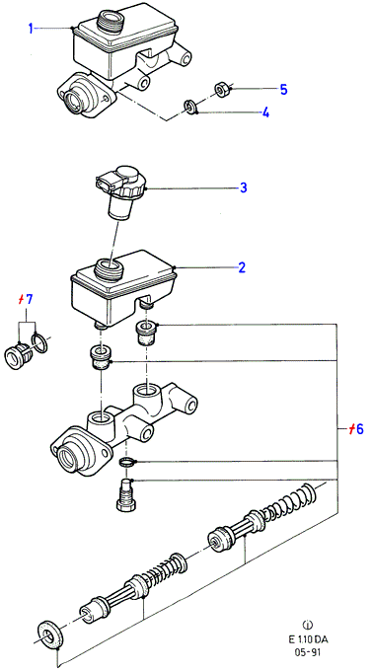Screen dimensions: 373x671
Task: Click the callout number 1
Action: (x=31, y=29)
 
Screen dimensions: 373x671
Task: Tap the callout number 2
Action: (x=242, y=267)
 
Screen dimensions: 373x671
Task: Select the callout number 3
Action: (x=244, y=187)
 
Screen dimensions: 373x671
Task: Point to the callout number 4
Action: (x=265, y=112)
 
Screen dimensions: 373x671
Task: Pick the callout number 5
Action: (x=283, y=90)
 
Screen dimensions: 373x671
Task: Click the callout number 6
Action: (x=359, y=429)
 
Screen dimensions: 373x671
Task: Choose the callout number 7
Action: (x=29, y=300)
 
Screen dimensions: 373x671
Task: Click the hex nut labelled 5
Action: (x=221, y=90)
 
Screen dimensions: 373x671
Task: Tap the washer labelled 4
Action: (x=189, y=107)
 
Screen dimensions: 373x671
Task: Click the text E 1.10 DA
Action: (x=308, y=640)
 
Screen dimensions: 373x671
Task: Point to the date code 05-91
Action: (x=308, y=653)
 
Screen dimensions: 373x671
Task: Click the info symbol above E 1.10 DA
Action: (x=308, y=629)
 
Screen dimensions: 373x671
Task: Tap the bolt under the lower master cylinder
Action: (x=126, y=494)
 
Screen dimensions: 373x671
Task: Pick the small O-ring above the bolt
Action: (x=126, y=462)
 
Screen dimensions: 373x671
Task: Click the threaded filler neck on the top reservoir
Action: (x=112, y=21)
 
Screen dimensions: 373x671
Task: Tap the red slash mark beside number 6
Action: (x=351, y=429)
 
